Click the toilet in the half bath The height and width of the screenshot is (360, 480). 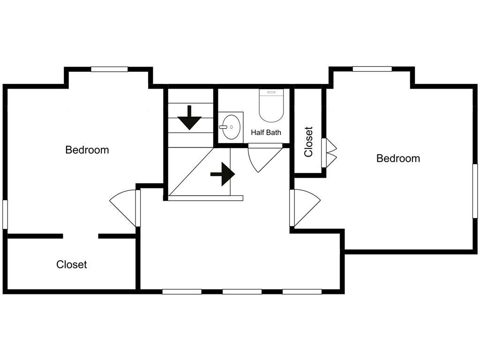coord(271,105)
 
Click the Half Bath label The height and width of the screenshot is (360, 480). coord(266,133)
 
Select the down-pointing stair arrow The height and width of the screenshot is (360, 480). coord(189,118)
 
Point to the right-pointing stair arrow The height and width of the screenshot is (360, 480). coord(223,174)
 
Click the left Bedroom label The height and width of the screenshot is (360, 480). coord(87,150)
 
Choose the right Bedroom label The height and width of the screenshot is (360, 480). coord(398,158)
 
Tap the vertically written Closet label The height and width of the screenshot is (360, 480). coord(308,142)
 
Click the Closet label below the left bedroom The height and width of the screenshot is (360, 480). coord(72,264)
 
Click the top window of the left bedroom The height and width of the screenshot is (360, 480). coord(109,69)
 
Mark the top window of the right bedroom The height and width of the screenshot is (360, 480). coord(372,69)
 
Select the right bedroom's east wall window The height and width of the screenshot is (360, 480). coord(475,191)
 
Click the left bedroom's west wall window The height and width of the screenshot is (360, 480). coord(5,214)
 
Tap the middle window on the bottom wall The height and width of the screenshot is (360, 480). coord(242,292)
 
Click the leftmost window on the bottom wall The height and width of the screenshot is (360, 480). coord(182,292)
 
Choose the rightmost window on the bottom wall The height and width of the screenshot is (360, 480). coord(302,292)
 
